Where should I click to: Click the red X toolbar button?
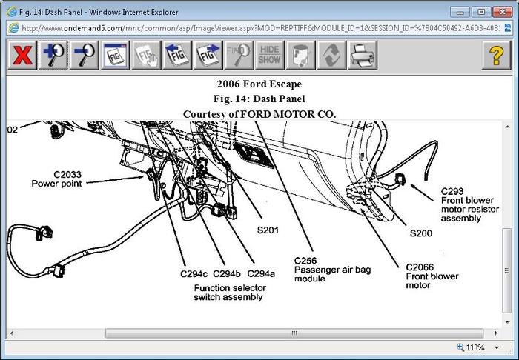click(x=23, y=56)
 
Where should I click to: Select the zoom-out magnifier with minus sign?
click(x=85, y=56)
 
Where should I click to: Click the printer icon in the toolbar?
click(x=363, y=56)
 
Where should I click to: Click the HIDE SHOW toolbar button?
click(x=270, y=56)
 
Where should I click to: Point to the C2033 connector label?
click(x=46, y=174)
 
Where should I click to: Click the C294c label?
click(x=193, y=273)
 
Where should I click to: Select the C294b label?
click(x=227, y=273)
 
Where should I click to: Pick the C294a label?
click(x=261, y=273)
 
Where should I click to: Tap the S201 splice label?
click(x=268, y=230)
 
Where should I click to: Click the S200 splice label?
click(x=421, y=233)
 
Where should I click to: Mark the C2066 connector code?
click(x=420, y=267)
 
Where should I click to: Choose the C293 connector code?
click(x=452, y=190)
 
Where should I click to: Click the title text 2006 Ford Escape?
click(x=259, y=84)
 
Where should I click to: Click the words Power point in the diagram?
click(x=56, y=184)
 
